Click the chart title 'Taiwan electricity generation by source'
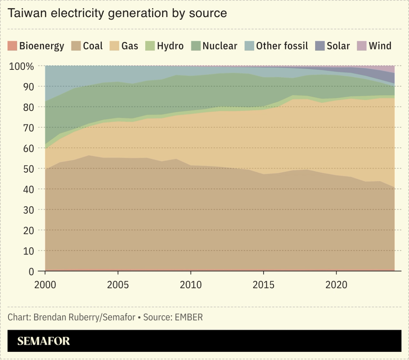pyautogui.click(x=117, y=13)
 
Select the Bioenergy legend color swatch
pyautogui.click(x=12, y=46)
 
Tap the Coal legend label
pyautogui.click(x=93, y=46)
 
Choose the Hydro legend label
pyautogui.click(x=170, y=46)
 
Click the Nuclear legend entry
pyautogui.click(x=220, y=46)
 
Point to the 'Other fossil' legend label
pyautogui.click(x=282, y=46)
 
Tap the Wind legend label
pyautogui.click(x=380, y=46)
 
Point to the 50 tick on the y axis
pyautogui.click(x=29, y=169)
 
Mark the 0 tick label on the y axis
pyautogui.click(x=32, y=272)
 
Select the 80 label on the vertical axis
pyautogui.click(x=29, y=107)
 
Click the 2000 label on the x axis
pyautogui.click(x=45, y=284)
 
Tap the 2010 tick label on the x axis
pyautogui.click(x=191, y=284)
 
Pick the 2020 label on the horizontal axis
pyautogui.click(x=336, y=284)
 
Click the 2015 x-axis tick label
pyautogui.click(x=263, y=284)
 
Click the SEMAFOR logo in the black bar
pyautogui.click(x=43, y=341)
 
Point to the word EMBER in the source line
pyautogui.click(x=189, y=317)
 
